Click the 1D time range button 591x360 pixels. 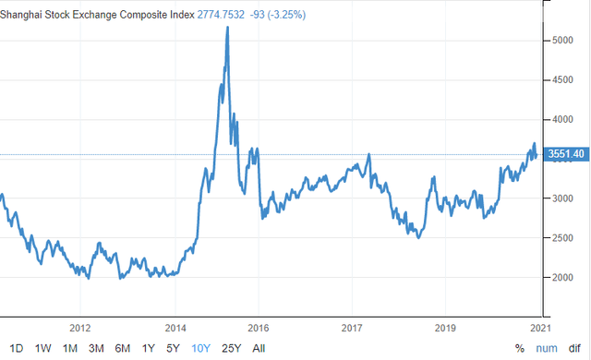point(17,348)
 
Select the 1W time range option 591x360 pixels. point(43,348)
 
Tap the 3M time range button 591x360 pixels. point(96,348)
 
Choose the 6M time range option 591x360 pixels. point(123,348)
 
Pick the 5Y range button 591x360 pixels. point(173,348)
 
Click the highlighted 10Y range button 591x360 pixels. point(200,348)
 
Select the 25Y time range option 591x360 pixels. point(231,348)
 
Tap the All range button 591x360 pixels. point(259,348)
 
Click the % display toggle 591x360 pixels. point(520,348)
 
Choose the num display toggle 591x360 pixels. point(547,348)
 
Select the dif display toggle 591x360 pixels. point(574,348)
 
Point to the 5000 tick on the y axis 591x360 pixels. point(562,41)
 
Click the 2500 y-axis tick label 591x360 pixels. point(562,238)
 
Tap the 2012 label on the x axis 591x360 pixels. point(80,328)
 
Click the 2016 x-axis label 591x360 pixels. point(259,328)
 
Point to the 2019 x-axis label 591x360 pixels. point(445,328)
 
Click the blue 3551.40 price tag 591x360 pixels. point(566,154)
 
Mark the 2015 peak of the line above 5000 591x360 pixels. point(228,27)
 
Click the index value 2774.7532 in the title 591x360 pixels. point(221,15)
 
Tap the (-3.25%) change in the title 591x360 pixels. point(286,15)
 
